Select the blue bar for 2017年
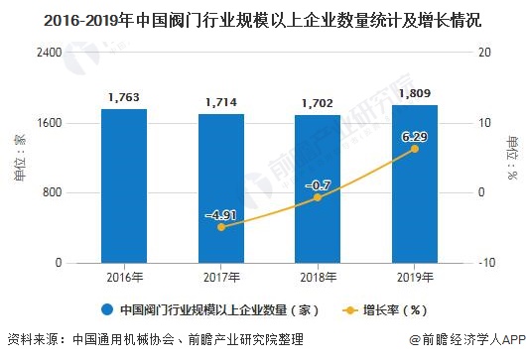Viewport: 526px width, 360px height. [x=220, y=188]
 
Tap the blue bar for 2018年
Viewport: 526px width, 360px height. [x=318, y=188]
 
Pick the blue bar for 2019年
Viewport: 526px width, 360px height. [x=415, y=183]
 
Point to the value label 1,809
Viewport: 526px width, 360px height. [x=415, y=93]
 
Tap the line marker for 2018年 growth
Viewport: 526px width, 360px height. [x=318, y=197]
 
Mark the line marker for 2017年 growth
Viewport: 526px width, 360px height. [x=220, y=227]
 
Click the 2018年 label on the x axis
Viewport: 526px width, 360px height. [x=318, y=277]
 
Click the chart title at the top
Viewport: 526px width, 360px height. [x=262, y=18]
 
